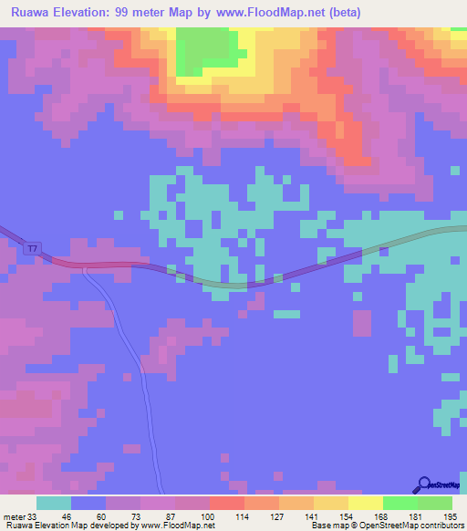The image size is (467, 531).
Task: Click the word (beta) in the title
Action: [348, 13]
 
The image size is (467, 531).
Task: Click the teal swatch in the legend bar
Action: [54, 503]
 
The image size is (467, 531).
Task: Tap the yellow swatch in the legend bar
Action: [366, 503]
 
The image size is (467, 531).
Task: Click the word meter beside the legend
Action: [13, 515]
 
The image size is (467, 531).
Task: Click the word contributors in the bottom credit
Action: [442, 526]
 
